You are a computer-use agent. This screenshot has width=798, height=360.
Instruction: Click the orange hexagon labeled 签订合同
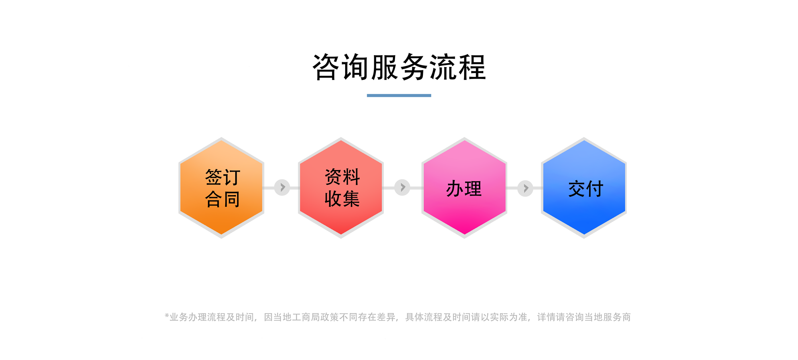pos(221,188)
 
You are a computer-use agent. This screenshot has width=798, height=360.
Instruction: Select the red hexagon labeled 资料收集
pos(341,188)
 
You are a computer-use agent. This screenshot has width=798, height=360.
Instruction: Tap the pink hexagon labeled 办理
pos(464,188)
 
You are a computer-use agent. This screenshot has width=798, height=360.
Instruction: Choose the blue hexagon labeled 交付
pos(584,188)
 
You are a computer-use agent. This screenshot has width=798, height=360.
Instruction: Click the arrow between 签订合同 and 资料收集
pos(282,187)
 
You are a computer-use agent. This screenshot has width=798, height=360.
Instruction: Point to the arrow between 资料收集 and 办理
pos(402,187)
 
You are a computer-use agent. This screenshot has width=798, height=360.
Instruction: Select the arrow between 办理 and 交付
pos(525,188)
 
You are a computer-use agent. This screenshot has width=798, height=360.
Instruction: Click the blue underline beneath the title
pos(399,95)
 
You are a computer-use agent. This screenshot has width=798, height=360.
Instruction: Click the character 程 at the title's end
pos(472,67)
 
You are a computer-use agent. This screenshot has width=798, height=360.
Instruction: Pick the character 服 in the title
pos(385,67)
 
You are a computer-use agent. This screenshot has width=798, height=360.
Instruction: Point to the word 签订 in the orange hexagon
pos(223,177)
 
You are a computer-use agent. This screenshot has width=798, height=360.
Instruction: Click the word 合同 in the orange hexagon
pos(223,199)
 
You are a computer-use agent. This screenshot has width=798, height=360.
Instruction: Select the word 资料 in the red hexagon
pos(342,177)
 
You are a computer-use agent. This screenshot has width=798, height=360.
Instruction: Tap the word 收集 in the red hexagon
pos(342,199)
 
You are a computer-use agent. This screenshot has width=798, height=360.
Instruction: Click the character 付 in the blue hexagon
pos(595,189)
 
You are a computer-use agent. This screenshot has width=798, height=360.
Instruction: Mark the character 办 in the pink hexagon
pos(455,189)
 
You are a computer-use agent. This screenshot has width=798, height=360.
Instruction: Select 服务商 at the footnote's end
pos(617,317)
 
